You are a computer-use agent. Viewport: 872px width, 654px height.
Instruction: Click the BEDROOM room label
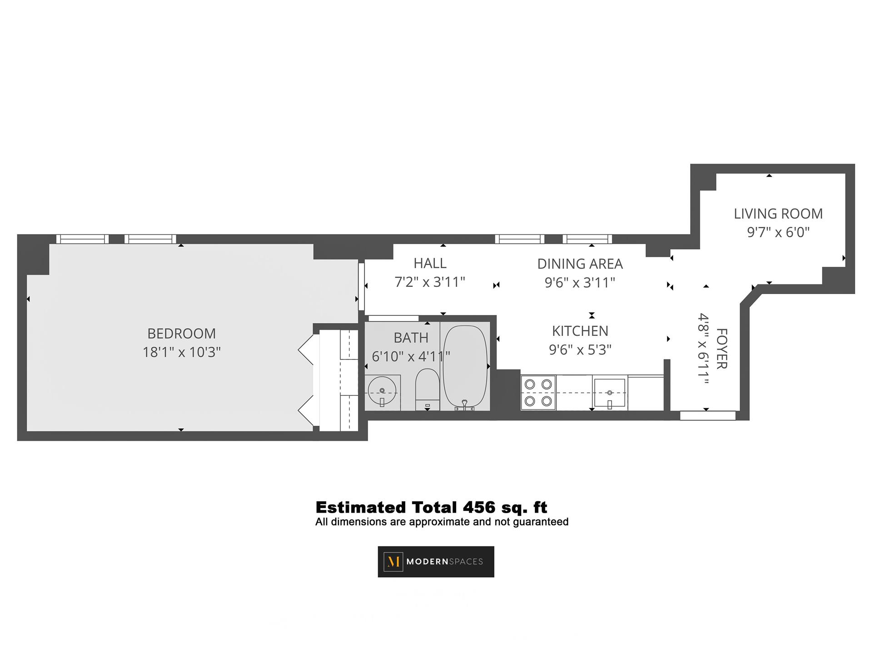click(x=181, y=333)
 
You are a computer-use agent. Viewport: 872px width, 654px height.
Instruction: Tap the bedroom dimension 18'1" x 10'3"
click(x=181, y=352)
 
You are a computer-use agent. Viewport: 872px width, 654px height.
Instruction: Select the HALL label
click(x=430, y=263)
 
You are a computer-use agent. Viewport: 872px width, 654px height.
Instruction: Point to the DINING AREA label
click(x=580, y=264)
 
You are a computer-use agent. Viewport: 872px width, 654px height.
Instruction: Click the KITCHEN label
click(x=580, y=330)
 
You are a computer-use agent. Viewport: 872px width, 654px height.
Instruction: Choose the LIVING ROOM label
click(x=778, y=214)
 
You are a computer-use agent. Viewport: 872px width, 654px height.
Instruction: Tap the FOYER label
click(x=722, y=349)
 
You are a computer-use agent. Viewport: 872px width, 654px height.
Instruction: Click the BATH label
click(x=411, y=338)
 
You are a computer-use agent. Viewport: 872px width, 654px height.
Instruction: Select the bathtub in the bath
click(x=465, y=368)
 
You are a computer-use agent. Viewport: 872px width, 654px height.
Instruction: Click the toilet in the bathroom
click(x=427, y=389)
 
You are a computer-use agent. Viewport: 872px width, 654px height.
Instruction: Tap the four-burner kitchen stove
click(x=538, y=393)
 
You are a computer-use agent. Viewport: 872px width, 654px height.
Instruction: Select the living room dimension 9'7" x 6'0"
click(x=778, y=233)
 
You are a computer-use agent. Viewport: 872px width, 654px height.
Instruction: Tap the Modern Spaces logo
click(x=436, y=562)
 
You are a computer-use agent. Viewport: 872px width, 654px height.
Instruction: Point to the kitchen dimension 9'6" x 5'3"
click(x=580, y=349)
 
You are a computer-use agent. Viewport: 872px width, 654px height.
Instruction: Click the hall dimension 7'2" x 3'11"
click(x=430, y=282)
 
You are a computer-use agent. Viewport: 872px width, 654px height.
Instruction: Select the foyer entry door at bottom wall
click(x=708, y=415)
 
